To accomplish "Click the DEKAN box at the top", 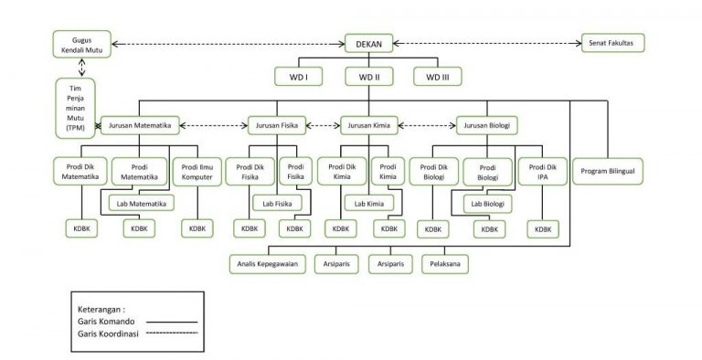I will pos(368,42).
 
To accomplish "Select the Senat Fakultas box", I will pos(613,42).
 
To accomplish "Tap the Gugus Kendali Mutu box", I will pos(80,44).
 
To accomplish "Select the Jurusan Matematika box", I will pos(138,125).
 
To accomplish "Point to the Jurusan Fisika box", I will pos(278,125).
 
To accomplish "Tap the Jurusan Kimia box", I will pos(368,125).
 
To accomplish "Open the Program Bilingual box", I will pos(608,171).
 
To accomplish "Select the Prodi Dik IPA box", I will pos(543,171).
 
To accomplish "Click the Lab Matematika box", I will pos(141,203).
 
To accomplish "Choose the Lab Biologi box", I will pos(487,203).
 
